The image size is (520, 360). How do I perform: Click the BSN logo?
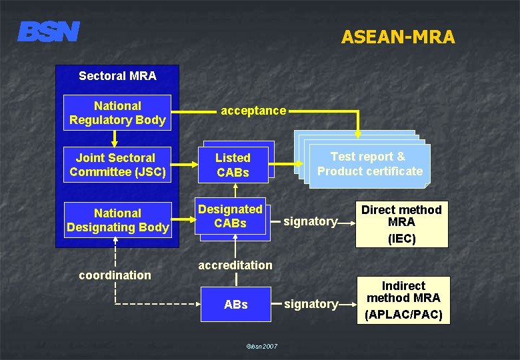click(x=49, y=31)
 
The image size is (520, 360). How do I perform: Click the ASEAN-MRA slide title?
click(x=397, y=37)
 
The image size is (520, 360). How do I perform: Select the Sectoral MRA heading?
click(x=117, y=76)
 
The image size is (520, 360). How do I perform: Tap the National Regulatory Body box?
click(x=117, y=113)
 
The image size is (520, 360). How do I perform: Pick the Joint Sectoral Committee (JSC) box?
click(x=116, y=165)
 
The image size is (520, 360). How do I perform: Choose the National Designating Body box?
click(x=117, y=220)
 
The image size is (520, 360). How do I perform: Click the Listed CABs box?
click(x=233, y=165)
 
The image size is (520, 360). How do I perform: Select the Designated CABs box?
click(x=231, y=217)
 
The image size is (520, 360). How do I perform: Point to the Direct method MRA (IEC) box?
click(x=401, y=224)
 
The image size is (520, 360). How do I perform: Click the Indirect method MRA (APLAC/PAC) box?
click(x=403, y=300)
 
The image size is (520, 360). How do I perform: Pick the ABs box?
click(x=236, y=305)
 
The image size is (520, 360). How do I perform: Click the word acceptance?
click(x=253, y=111)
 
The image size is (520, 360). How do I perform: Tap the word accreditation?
click(x=235, y=265)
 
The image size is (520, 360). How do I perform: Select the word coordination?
click(x=115, y=275)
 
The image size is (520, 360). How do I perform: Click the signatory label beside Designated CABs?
click(x=311, y=221)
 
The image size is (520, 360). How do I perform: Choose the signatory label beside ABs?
click(x=311, y=304)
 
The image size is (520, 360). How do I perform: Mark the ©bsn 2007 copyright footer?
click(x=262, y=346)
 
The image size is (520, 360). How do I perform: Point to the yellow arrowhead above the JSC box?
click(x=115, y=141)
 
